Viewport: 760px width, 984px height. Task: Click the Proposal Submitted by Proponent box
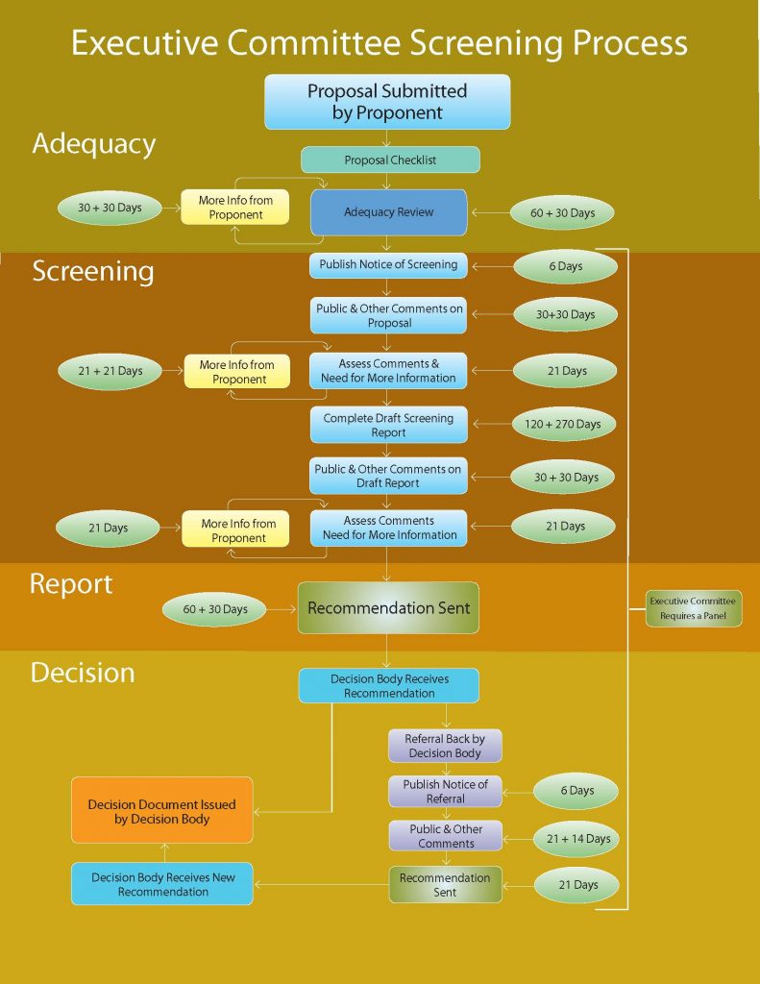pos(387,102)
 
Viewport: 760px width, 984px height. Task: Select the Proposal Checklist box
pos(389,160)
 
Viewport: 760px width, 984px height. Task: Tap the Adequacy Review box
pos(388,212)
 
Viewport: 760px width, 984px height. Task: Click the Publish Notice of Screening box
pos(388,264)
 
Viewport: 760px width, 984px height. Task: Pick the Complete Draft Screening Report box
pos(388,425)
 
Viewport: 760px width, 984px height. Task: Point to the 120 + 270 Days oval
pos(565,424)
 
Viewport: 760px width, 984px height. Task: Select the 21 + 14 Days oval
pos(577,838)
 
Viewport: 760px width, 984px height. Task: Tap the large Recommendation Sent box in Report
pos(388,608)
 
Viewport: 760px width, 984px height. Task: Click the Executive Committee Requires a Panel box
pos(692,608)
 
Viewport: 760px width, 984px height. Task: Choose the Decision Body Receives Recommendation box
pos(388,685)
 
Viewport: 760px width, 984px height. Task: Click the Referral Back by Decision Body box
pos(445,746)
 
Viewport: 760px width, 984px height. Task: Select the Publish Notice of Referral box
pos(445,791)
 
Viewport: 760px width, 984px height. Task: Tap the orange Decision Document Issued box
pos(161,811)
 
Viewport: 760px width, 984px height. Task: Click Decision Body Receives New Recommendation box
pos(162,884)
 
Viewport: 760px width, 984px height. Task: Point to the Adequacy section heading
pos(93,144)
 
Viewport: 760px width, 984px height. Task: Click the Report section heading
pos(71,584)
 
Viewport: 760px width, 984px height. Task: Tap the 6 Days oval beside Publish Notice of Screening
pos(565,266)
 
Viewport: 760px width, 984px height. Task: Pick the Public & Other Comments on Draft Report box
pos(388,476)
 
